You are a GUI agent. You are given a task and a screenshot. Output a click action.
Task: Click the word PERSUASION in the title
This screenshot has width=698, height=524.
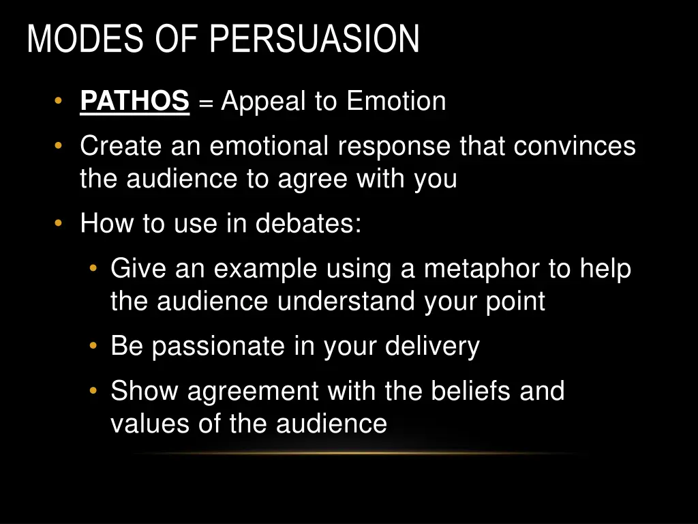pos(314,39)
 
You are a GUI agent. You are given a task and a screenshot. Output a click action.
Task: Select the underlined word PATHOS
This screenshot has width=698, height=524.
pos(134,102)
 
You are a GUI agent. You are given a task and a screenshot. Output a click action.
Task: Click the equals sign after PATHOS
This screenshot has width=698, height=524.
pos(205,103)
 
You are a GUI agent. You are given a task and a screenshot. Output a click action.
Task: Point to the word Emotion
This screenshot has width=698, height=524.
pos(396,102)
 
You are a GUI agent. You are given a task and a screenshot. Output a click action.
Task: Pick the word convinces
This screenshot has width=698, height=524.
pos(575,146)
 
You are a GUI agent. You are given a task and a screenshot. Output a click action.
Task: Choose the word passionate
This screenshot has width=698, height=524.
pos(219,347)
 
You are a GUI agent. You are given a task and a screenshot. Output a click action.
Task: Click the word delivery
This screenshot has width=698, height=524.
pos(432,347)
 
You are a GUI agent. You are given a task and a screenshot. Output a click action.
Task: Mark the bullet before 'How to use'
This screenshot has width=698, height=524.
pos(59,223)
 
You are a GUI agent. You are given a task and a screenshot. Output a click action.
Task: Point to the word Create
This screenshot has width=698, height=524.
pos(121,146)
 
